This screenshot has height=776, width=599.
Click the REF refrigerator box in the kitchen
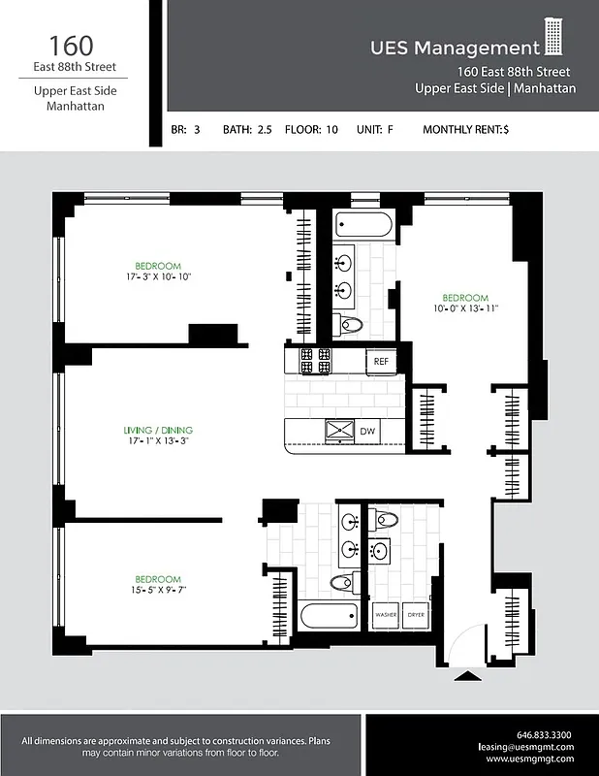pos(381,361)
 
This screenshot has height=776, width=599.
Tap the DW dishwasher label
pos(367,431)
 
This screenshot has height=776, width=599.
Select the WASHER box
pos(386,615)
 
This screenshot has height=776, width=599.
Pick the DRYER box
pos(415,615)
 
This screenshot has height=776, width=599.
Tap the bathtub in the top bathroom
pos(363,226)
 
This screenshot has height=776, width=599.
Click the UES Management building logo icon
pos(552,38)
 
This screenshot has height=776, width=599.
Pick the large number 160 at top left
pos(72,45)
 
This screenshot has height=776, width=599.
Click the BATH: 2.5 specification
pos(247,129)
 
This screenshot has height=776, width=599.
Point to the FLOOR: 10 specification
pos(311,129)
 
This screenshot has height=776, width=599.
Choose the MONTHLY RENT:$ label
pos(465,129)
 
